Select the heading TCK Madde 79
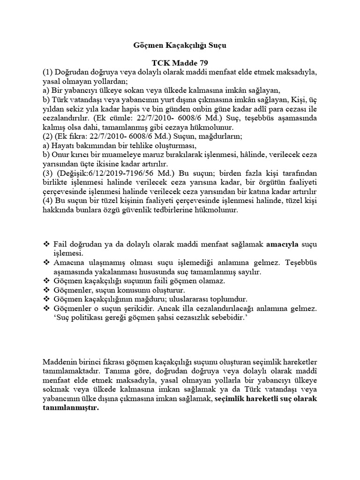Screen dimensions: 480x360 180,63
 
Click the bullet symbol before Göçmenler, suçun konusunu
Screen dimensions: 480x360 46,290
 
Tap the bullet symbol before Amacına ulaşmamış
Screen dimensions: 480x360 46,263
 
